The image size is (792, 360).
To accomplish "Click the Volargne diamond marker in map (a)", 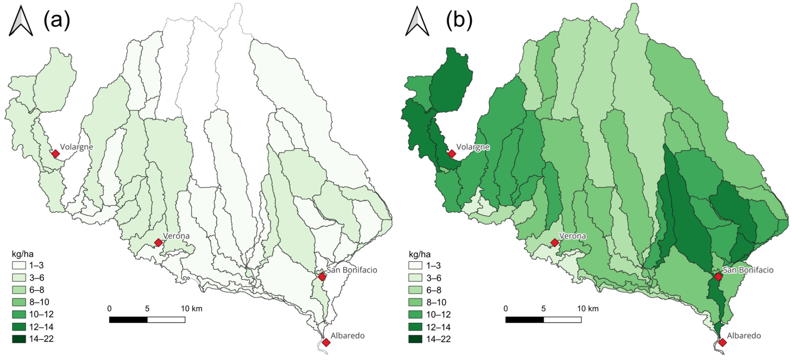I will pos(55,153).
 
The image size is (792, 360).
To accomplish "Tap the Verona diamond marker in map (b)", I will pos(554,243).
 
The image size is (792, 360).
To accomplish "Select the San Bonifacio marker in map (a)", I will pos(322,276).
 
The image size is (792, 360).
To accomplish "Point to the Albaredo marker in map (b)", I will pos(722,342).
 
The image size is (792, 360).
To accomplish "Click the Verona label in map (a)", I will pos(176,236).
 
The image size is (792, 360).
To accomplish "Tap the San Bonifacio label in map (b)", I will pos(748,270).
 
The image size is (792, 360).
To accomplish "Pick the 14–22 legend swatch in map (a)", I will pos(19,339).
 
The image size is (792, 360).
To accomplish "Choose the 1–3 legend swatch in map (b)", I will pos(415,265).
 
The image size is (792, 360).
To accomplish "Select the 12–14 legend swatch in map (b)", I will pos(415,327).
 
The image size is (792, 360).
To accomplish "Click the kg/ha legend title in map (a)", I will pos(22,254).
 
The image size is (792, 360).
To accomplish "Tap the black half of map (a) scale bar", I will pos(128,320).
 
